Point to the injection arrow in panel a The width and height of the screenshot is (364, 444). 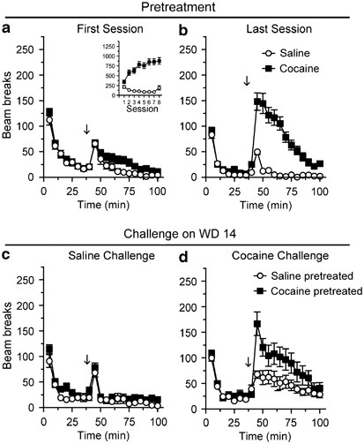(x=86, y=130)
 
